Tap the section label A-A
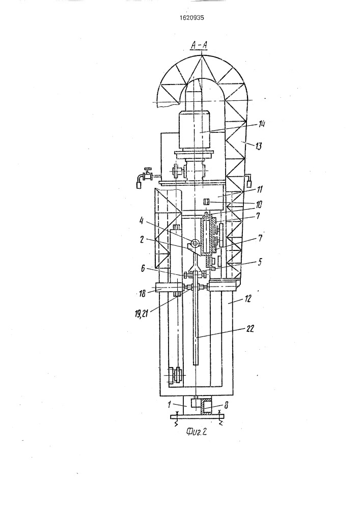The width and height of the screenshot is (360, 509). click(x=199, y=46)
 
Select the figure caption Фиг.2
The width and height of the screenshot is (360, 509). click(x=197, y=432)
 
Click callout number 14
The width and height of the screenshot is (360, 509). click(x=262, y=124)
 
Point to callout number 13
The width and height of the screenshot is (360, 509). click(x=258, y=147)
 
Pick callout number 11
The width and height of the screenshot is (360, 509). click(x=260, y=189)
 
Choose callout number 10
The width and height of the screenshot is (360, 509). click(x=259, y=205)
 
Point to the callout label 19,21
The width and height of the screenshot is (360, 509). click(x=140, y=314)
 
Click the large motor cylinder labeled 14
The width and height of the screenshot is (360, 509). click(x=194, y=130)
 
